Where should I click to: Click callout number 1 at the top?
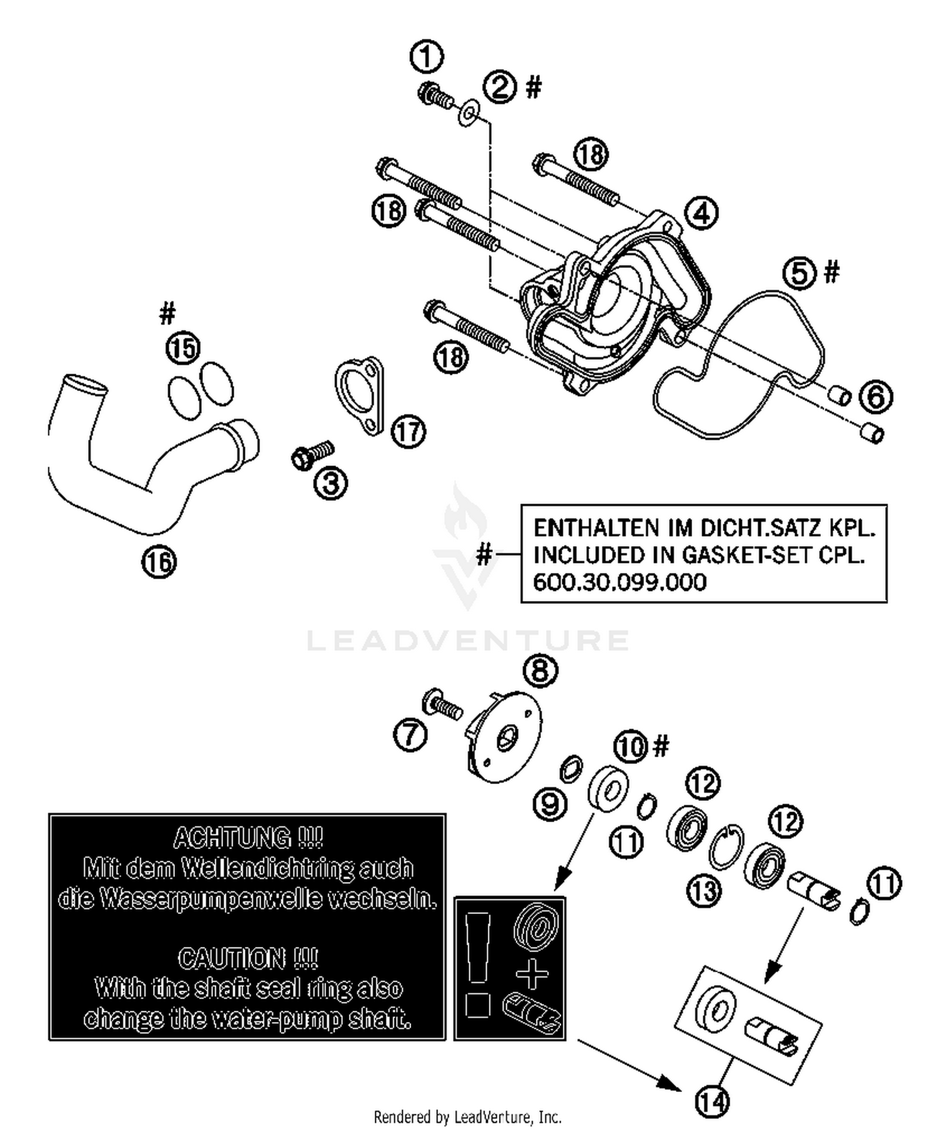(x=427, y=57)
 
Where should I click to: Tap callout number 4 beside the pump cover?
(x=701, y=213)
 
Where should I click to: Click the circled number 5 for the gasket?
(x=800, y=273)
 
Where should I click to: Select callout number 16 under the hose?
(x=159, y=562)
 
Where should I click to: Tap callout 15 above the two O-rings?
(x=183, y=348)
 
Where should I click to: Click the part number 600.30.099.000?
(x=619, y=582)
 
